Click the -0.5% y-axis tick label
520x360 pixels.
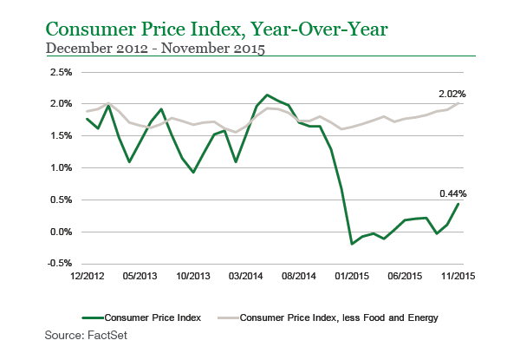tap(58, 264)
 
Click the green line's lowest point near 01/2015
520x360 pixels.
tap(352, 244)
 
